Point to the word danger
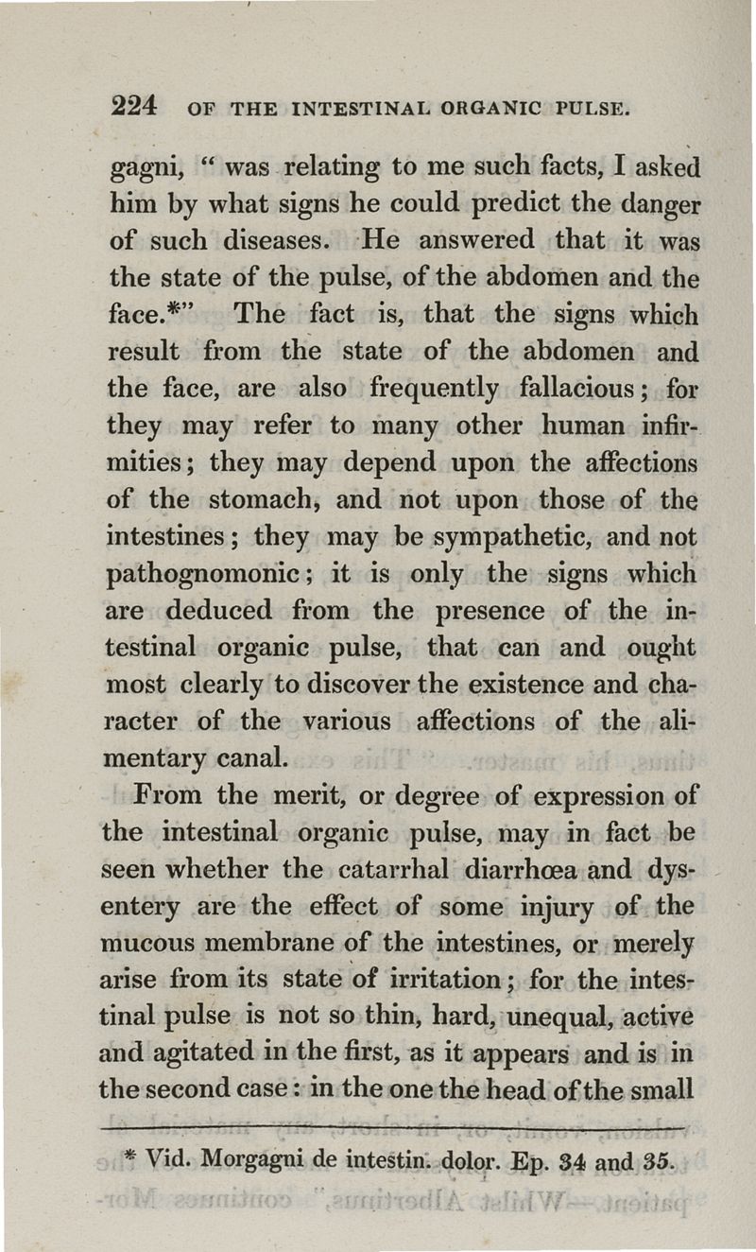tap(655, 205)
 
